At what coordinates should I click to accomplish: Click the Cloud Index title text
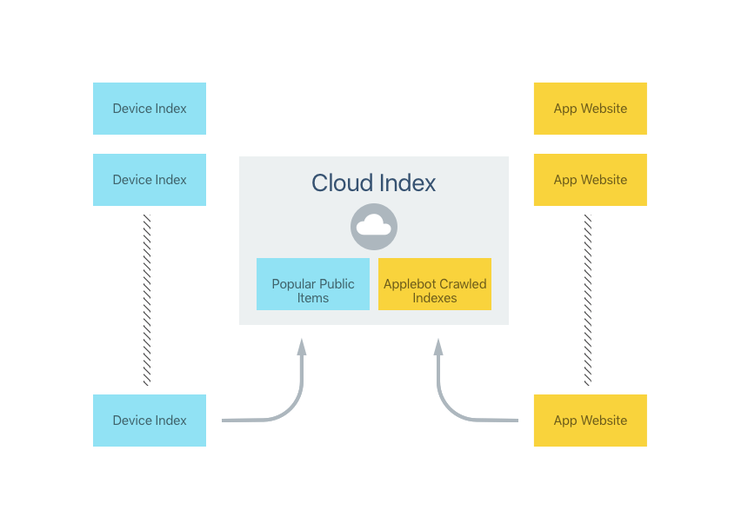(x=374, y=183)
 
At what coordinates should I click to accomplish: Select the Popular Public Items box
(x=313, y=284)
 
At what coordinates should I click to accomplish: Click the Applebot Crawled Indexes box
(x=435, y=284)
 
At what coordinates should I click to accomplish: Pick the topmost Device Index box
(x=150, y=109)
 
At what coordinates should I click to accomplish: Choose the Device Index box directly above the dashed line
(x=150, y=180)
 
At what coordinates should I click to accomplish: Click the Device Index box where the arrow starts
(x=150, y=421)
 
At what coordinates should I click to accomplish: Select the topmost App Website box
(x=590, y=109)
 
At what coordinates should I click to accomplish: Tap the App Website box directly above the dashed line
(x=590, y=180)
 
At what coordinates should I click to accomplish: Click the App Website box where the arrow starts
(x=590, y=421)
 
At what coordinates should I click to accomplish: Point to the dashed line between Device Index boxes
(x=147, y=300)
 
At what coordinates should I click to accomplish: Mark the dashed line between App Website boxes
(x=588, y=300)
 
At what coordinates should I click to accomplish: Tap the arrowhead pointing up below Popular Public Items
(x=302, y=347)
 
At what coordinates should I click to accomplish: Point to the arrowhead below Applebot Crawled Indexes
(x=438, y=347)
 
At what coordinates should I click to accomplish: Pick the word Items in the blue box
(x=313, y=298)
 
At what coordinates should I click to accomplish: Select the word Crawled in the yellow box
(x=462, y=284)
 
